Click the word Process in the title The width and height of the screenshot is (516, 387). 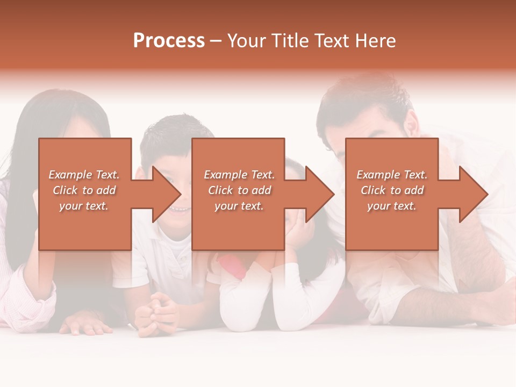click(x=169, y=40)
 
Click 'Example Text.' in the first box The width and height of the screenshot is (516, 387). click(x=84, y=175)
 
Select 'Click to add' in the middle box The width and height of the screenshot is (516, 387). click(x=239, y=190)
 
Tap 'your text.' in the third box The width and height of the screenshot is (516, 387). click(x=392, y=206)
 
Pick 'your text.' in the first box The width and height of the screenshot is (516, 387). click(x=84, y=206)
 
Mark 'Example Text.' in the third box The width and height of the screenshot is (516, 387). click(x=392, y=175)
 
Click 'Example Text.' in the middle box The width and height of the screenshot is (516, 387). click(x=239, y=175)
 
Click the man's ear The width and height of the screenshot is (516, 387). click(x=411, y=125)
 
